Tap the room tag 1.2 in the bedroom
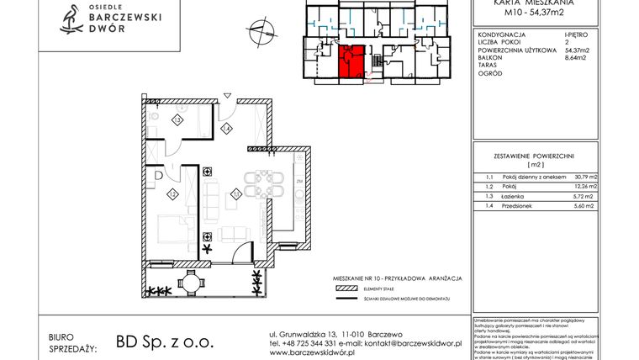[x=172, y=194]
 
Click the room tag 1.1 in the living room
[x=236, y=194]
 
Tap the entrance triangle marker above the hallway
[x=225, y=93]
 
